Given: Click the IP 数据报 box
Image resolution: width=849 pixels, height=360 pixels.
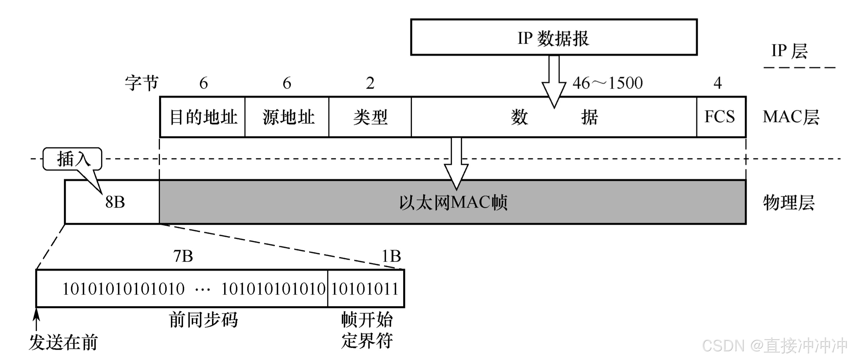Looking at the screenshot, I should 553,37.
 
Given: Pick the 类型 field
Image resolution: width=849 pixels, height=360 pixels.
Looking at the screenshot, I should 370,117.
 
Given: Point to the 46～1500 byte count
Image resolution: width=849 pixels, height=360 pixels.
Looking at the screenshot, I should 607,83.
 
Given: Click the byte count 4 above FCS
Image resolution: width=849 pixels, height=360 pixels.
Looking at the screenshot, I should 718,83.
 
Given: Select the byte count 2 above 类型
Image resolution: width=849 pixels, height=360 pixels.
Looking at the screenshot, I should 370,83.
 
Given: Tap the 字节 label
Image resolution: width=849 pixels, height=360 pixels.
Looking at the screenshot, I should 142,83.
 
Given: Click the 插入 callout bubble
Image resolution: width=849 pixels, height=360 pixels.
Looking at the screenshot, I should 73,159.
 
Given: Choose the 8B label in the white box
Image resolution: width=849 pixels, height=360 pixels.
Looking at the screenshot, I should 115,202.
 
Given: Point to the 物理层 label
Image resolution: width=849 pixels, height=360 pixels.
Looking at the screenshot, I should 789,203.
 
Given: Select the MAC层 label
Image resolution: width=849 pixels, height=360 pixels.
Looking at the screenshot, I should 791,117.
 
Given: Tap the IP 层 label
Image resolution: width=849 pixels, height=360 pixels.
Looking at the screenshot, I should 789,51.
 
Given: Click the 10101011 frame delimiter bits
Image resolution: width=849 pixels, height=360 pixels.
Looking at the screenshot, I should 365,289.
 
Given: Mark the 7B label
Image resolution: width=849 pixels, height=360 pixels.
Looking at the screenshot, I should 183,256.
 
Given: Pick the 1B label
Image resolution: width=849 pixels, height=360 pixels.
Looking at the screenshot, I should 391,256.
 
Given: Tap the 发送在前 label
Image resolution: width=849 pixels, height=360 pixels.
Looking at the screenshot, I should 63,342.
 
